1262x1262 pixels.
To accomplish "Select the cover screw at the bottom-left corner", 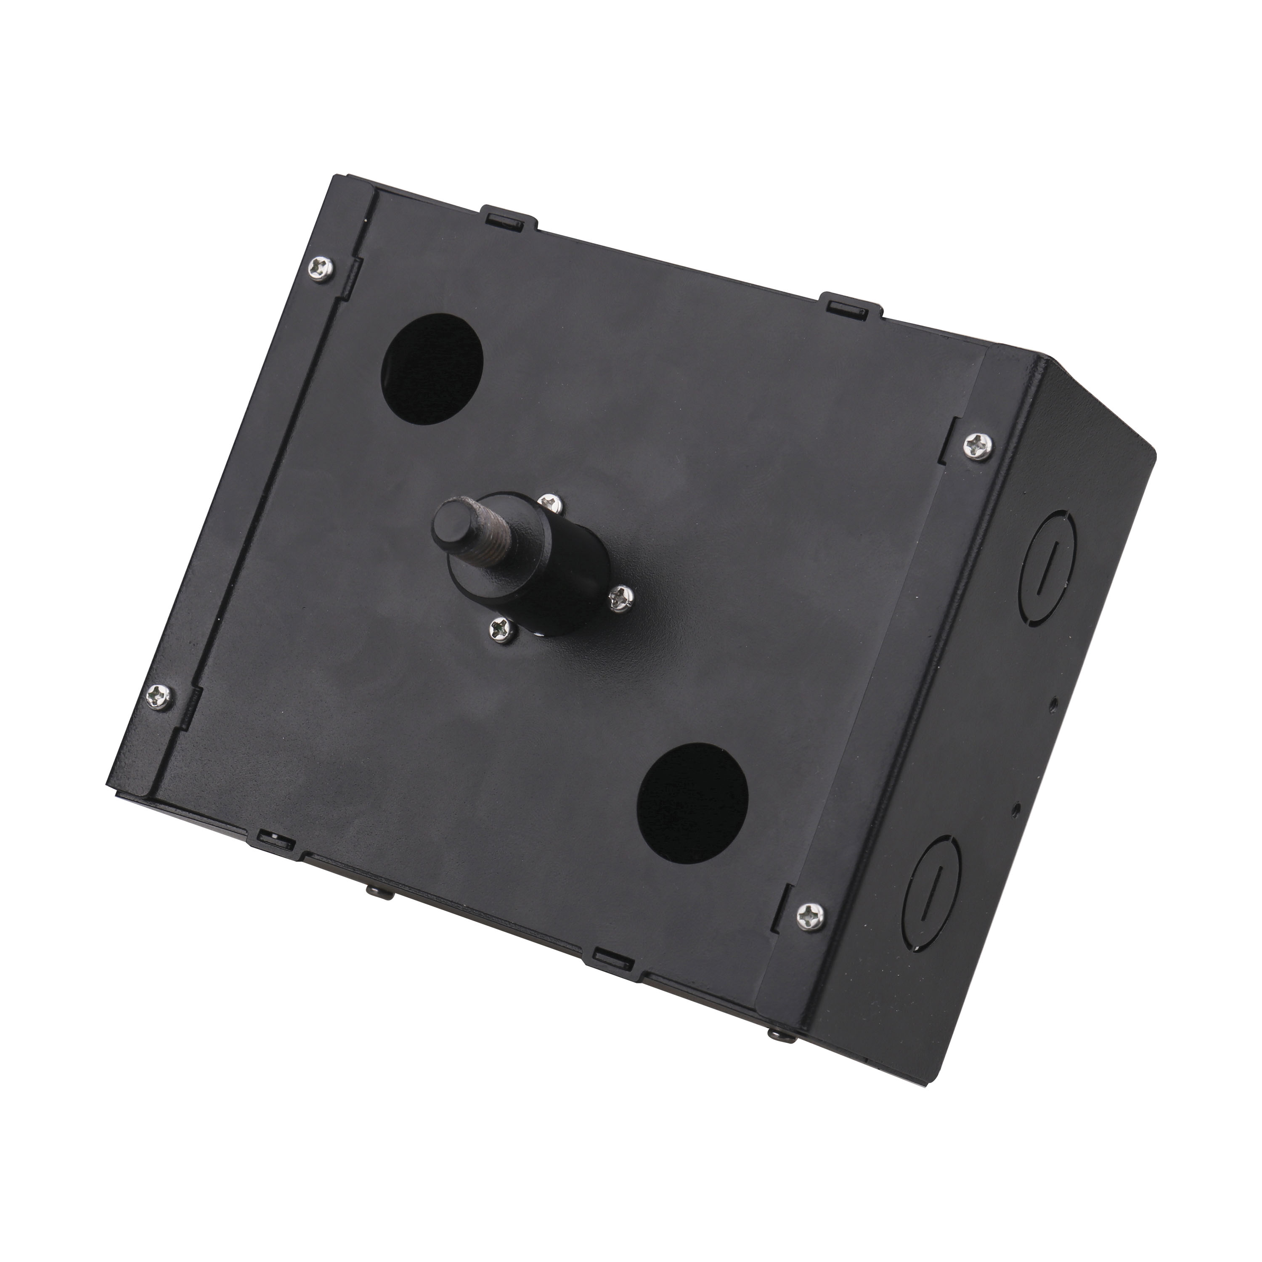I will coord(159,696).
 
